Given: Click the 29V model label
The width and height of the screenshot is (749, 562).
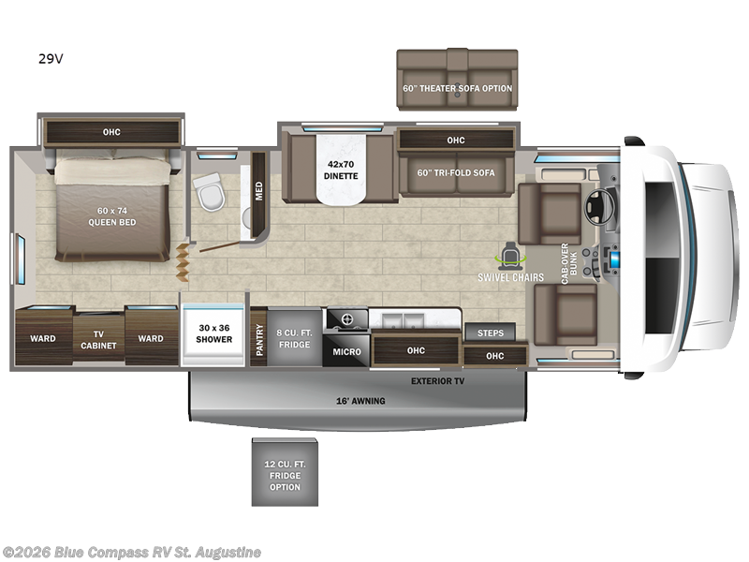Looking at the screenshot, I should coord(51,59).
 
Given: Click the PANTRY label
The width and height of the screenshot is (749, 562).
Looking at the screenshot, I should coord(259,337).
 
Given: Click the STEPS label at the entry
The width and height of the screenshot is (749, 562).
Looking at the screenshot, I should coord(490,333).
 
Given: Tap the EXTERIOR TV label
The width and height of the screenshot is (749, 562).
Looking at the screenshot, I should coord(437,381).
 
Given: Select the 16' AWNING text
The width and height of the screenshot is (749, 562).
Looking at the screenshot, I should coord(360,401).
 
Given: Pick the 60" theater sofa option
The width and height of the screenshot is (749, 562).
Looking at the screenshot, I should coord(457,88).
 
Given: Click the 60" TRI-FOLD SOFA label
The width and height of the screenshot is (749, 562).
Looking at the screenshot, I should coord(456,172).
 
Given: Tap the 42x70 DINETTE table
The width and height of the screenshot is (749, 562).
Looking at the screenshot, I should coord(341,170).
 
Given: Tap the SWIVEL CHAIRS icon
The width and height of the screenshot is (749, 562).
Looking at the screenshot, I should coord(511,254).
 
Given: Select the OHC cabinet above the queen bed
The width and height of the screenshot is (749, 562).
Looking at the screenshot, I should coord(111,132).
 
